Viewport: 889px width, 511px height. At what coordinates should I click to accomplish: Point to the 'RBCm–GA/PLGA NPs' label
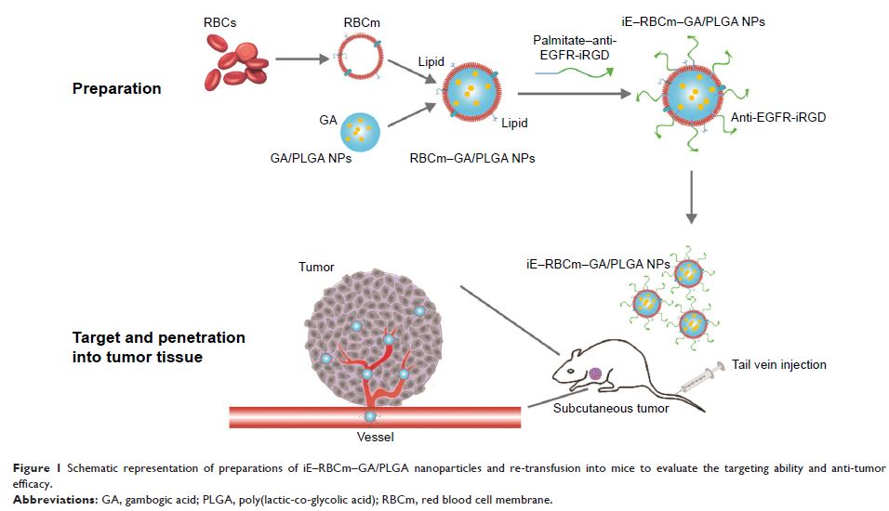(x=471, y=158)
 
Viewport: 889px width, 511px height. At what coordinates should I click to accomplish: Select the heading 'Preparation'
(x=117, y=89)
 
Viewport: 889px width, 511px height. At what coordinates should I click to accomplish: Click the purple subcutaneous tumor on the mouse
(x=595, y=373)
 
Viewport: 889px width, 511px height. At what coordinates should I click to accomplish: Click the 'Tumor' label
(x=316, y=268)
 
